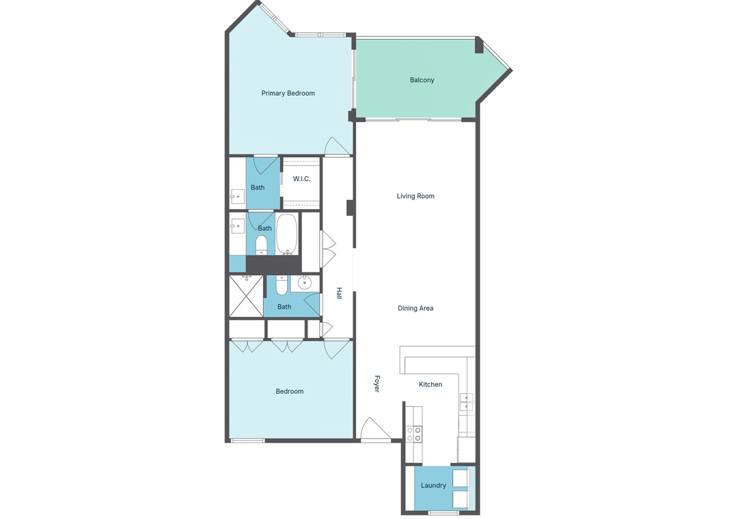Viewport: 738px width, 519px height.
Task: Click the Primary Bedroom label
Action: coord(288,93)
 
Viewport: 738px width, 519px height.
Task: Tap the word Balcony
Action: coord(422,80)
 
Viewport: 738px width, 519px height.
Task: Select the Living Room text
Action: coord(415,196)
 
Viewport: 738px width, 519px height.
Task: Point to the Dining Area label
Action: coord(415,308)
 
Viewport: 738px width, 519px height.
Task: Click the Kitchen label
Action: coord(430,384)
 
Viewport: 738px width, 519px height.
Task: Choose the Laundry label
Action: coord(433,486)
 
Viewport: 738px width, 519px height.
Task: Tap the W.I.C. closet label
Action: coord(302,179)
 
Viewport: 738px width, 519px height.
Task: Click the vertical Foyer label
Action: coord(377,383)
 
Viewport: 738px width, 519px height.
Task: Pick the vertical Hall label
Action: coord(339,294)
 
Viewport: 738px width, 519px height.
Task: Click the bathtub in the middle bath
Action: coord(286,234)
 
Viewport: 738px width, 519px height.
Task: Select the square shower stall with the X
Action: coord(246,296)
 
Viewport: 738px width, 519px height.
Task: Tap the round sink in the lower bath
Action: coord(305,283)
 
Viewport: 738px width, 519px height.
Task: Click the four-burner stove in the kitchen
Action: coord(414,434)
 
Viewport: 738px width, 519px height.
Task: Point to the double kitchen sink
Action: coord(467,402)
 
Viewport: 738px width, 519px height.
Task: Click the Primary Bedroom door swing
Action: coord(336,145)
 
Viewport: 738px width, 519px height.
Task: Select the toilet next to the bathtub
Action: coord(262,244)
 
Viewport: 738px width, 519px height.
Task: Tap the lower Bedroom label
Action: coord(289,391)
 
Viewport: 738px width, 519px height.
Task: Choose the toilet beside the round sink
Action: coord(282,285)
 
